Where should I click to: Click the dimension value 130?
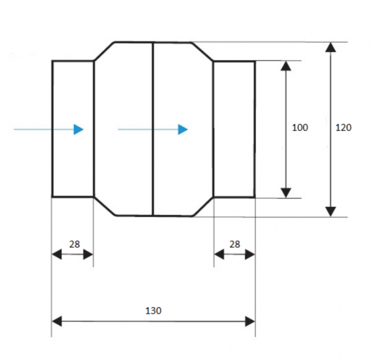coord(153,310)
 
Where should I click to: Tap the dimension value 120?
coord(343,128)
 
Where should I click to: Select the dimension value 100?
coord(300,128)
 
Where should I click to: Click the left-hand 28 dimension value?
coord(74,244)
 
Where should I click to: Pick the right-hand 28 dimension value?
coord(234,244)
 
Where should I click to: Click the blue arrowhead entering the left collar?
coord(79,130)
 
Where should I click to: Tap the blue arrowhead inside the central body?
coord(183,130)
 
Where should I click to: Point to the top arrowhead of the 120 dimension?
coord(330,47)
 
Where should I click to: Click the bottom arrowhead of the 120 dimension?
coord(330,211)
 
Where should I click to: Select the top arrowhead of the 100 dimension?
coord(286,66)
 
